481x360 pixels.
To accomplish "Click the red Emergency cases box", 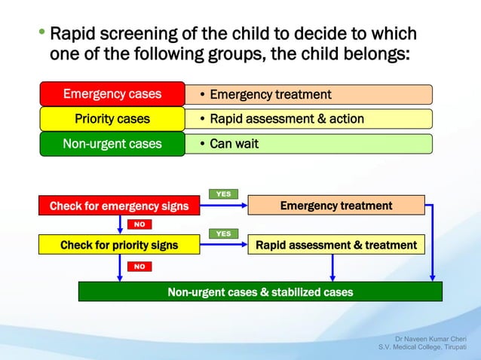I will pyautogui.click(x=112, y=94).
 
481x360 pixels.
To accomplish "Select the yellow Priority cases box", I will pyautogui.click(x=112, y=119).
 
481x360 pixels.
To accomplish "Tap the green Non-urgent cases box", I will pyautogui.click(x=112, y=144).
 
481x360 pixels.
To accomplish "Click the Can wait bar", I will pyautogui.click(x=309, y=144).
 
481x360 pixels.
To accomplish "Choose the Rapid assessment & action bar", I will pyautogui.click(x=309, y=119).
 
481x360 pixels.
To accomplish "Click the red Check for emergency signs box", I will pyautogui.click(x=119, y=206).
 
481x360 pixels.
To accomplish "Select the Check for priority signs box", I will pyautogui.click(x=119, y=245).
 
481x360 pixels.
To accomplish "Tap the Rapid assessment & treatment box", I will pyautogui.click(x=335, y=245).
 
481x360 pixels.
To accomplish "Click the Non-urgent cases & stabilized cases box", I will pyautogui.click(x=260, y=291).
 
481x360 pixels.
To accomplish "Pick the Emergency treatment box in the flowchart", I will pyautogui.click(x=335, y=206).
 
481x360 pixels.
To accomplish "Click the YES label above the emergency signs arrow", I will pyautogui.click(x=223, y=194).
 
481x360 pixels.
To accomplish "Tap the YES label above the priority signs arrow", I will pyautogui.click(x=223, y=233).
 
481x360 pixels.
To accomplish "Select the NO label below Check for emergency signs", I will pyautogui.click(x=139, y=224).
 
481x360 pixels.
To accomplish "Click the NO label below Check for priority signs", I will pyautogui.click(x=139, y=266).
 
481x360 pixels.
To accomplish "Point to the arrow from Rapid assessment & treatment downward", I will pyautogui.click(x=332, y=268).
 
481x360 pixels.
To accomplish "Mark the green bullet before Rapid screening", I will pyautogui.click(x=41, y=35).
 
